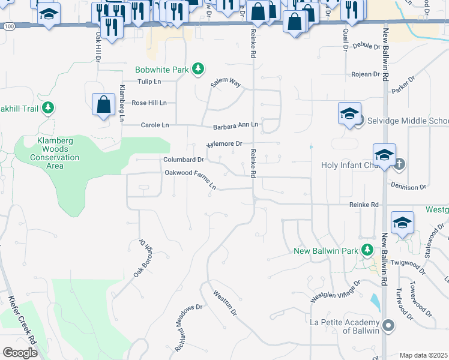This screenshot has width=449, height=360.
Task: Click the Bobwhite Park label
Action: (162, 70)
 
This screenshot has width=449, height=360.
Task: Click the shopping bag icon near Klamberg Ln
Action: (104, 104)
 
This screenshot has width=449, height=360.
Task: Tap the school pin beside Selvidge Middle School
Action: (349, 114)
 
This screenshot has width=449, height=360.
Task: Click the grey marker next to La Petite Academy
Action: (389, 326)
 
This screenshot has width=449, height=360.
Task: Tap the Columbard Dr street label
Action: (184, 160)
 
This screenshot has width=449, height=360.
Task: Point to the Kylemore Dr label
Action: (224, 144)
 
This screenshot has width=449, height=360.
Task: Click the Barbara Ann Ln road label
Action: (235, 125)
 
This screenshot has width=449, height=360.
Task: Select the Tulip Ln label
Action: (149, 81)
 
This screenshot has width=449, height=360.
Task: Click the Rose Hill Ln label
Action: (149, 103)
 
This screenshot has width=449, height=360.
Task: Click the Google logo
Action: (20, 352)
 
